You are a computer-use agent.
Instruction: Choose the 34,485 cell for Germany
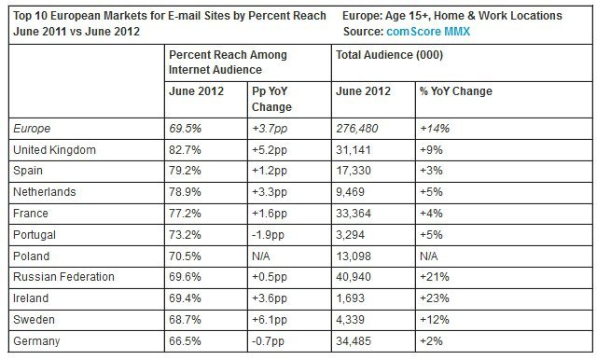click(x=354, y=342)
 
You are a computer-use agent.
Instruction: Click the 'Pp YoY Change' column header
click(x=271, y=98)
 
